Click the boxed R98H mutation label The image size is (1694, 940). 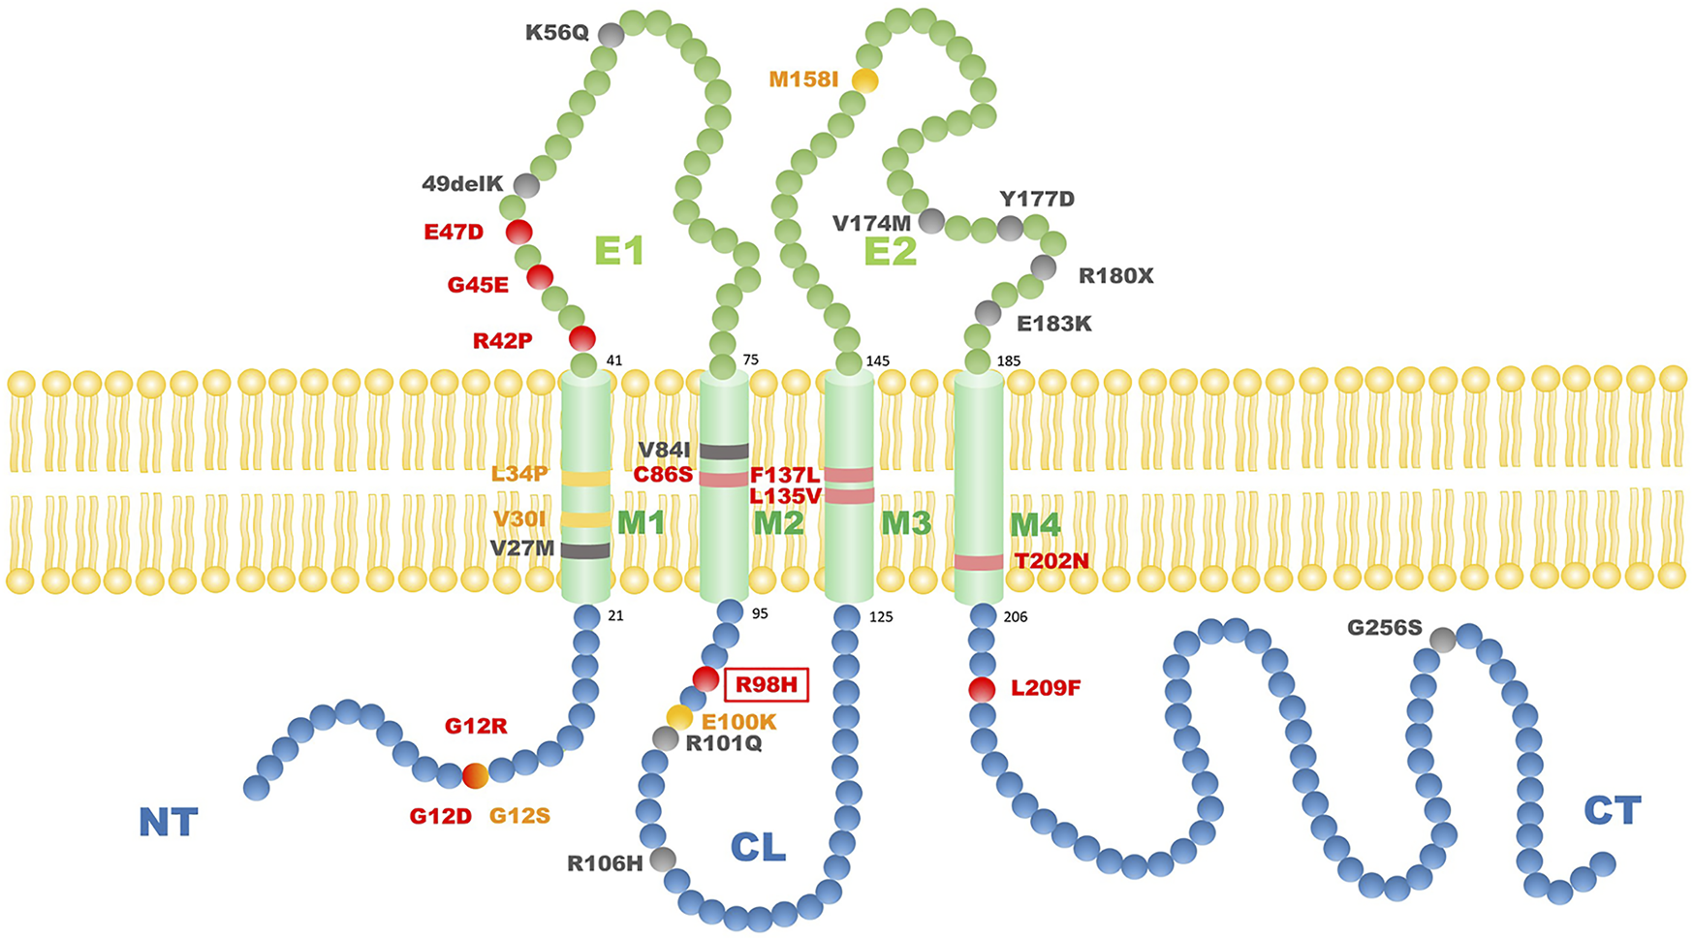[766, 685]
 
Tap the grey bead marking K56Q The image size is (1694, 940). [611, 35]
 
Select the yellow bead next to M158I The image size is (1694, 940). [864, 80]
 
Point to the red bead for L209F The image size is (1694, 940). [982, 690]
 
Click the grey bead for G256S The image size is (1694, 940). [1442, 640]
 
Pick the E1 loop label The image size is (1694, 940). [619, 252]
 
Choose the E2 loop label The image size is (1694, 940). [890, 252]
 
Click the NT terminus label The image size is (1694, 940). [169, 823]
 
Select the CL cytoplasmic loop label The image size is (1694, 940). [758, 848]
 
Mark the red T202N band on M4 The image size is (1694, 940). [979, 562]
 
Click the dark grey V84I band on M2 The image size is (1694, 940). [724, 451]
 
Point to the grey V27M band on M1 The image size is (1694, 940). [586, 550]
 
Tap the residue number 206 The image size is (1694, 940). [1016, 616]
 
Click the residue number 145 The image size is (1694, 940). [877, 361]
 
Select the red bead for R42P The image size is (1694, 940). [581, 338]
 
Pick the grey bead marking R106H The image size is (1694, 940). [663, 859]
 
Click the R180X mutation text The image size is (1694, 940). [1116, 276]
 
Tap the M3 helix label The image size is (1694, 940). [905, 523]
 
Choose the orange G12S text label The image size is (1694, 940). [519, 816]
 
